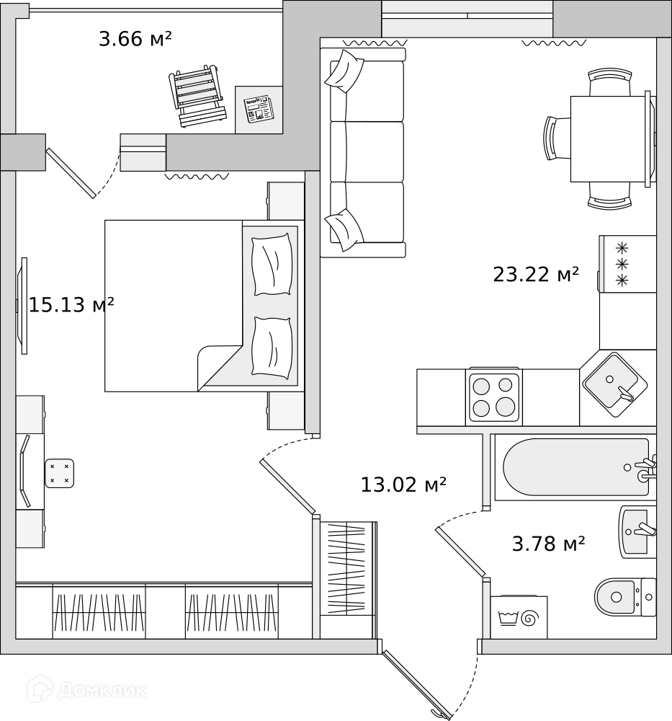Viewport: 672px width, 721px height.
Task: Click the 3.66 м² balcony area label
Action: pos(135,39)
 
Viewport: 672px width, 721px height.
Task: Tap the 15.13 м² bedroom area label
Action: pos(71,304)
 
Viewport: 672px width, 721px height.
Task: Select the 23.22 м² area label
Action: pos(536,275)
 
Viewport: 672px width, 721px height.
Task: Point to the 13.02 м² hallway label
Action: pos(403,485)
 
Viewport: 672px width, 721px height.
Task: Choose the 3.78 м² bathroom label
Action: pos(548,544)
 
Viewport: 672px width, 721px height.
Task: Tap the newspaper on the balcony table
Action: pos(259,109)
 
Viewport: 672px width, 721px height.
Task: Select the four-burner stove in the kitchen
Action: pos(493,397)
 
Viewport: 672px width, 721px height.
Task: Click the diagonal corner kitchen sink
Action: pos(615,384)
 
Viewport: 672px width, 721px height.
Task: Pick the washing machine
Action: pos(519,617)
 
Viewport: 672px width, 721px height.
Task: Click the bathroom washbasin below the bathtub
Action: pos(637,532)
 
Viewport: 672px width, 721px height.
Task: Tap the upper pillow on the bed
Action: pos(272,265)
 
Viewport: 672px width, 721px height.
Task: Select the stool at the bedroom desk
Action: pos(59,473)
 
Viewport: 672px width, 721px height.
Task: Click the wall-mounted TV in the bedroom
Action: pos(22,306)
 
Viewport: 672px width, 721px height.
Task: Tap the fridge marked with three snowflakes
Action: pos(627,263)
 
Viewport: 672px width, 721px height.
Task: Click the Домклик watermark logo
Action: pos(87,690)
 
